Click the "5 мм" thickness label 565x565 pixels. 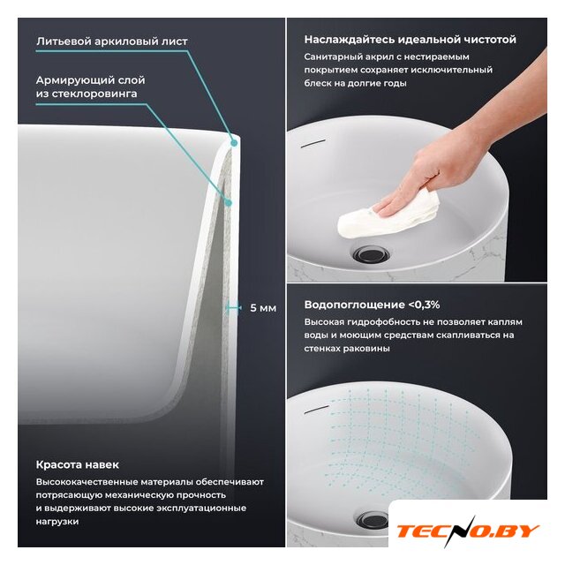point(263,308)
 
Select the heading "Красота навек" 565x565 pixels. point(77,464)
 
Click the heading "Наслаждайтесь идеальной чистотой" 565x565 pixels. point(410,39)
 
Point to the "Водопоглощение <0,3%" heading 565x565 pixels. point(372,305)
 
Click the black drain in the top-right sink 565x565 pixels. point(371,253)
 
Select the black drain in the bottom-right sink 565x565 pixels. point(373,520)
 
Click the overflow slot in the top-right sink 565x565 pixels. point(313,143)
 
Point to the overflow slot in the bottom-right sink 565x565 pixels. point(317,410)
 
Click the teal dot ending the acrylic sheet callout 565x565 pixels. point(234,143)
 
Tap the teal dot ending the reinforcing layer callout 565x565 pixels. point(228,203)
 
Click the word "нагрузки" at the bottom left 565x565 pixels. point(57,522)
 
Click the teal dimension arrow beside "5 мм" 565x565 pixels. point(233,308)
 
